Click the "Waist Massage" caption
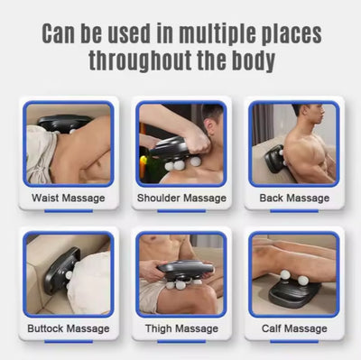tap(69, 198)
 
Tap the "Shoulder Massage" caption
tap(181, 198)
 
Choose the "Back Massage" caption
tap(294, 198)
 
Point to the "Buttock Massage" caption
tap(69, 328)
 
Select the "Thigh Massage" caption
tap(181, 328)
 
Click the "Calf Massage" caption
tap(294, 328)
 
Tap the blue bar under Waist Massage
tap(69, 211)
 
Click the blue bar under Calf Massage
tap(294, 342)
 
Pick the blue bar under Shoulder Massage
tap(181, 211)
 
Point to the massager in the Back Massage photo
tap(274, 158)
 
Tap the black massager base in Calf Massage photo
tap(293, 292)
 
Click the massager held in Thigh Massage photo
tap(186, 272)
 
